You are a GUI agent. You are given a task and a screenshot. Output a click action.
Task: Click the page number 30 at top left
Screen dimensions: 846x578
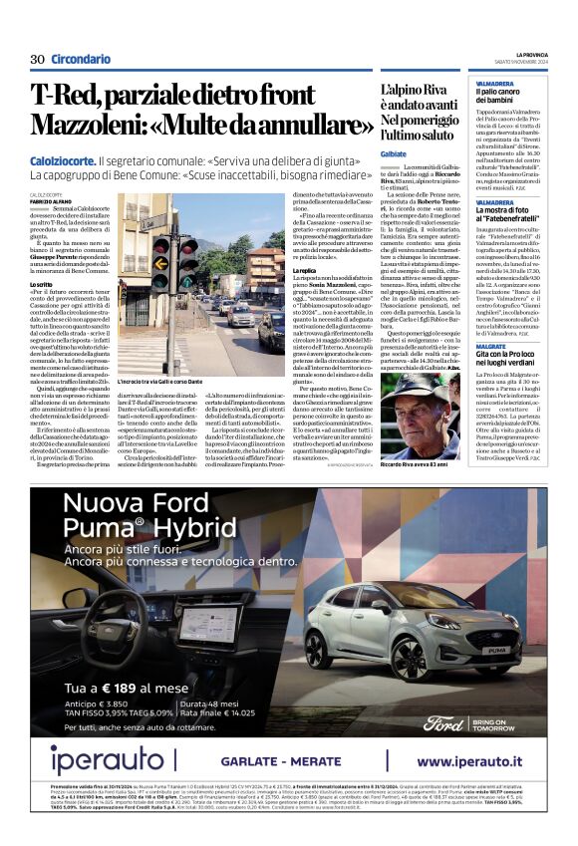click(37, 60)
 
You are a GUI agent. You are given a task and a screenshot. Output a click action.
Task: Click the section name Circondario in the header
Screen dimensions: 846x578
click(81, 60)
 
